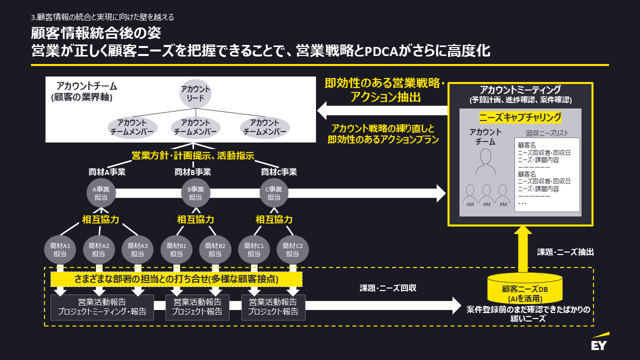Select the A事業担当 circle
(101, 193)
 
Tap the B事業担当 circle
(195, 193)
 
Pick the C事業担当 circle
(274, 193)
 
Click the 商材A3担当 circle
(137, 249)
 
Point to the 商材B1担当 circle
(176, 249)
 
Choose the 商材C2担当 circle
(293, 249)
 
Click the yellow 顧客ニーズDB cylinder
(525, 288)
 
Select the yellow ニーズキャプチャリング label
(520, 117)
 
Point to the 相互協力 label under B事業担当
(195, 219)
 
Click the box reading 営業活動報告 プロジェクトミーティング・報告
(102, 307)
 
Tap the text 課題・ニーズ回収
(388, 288)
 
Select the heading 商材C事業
(279, 172)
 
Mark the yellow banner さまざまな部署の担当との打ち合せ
(176, 278)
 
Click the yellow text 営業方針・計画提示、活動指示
(193, 156)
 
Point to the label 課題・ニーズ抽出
(565, 252)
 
